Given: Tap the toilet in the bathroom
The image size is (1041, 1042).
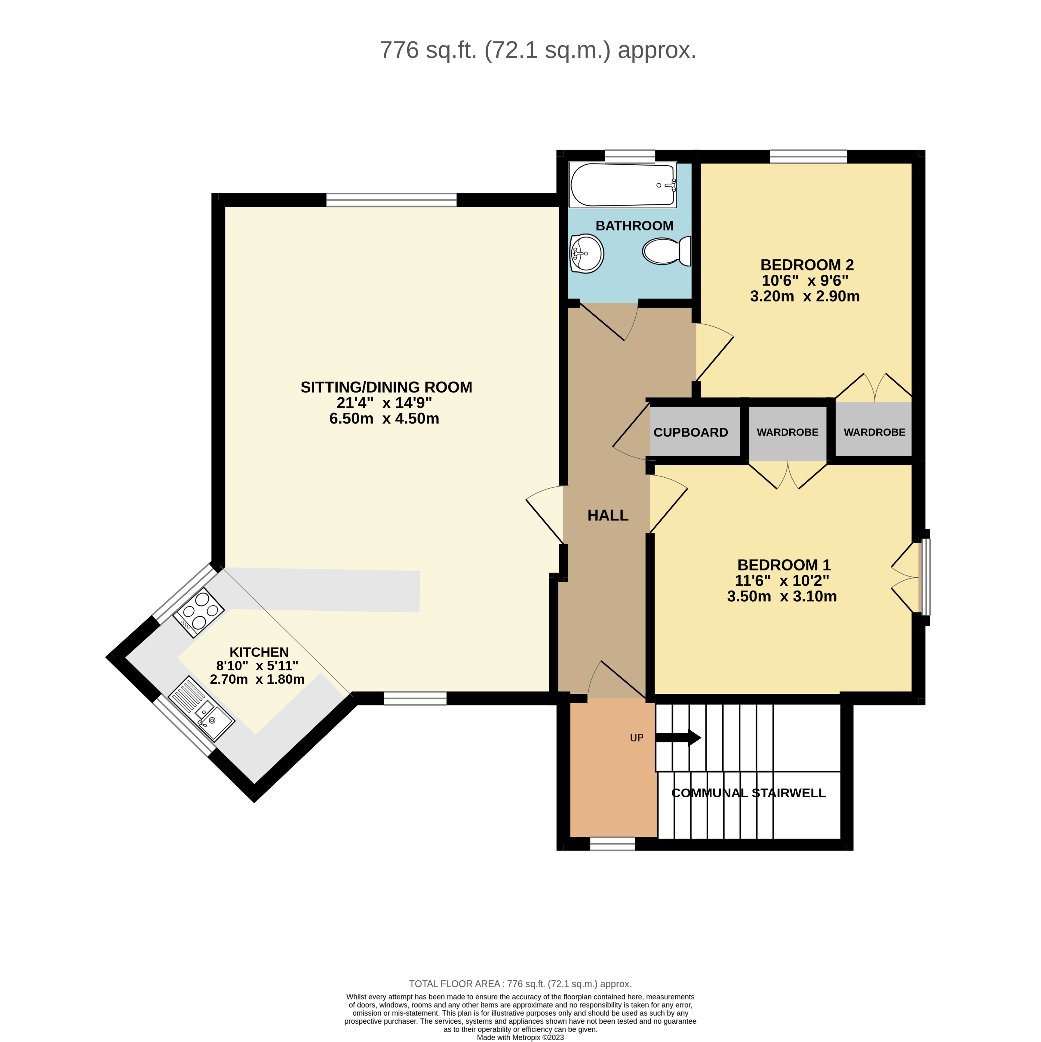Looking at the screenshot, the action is point(666,251).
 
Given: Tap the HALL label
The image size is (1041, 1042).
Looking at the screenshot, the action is point(608,516).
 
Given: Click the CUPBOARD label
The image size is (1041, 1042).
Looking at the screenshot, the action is point(691,432).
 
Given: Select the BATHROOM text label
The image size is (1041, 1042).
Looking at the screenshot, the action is point(635,226).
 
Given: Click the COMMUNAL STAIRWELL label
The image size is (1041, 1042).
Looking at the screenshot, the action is point(748,793).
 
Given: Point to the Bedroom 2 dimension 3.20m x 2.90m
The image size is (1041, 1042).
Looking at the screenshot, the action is point(805,296).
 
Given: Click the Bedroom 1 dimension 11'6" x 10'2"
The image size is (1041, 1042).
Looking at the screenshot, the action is point(782,581).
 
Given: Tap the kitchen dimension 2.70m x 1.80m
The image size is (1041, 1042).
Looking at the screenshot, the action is point(257,680).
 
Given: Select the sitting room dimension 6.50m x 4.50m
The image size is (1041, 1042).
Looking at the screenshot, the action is point(384,419).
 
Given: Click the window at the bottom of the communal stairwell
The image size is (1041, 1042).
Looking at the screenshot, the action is point(613,844).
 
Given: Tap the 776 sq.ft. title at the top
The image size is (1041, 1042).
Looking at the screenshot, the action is point(538,50).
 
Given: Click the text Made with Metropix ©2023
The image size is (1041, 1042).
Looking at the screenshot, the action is point(520,1037).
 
